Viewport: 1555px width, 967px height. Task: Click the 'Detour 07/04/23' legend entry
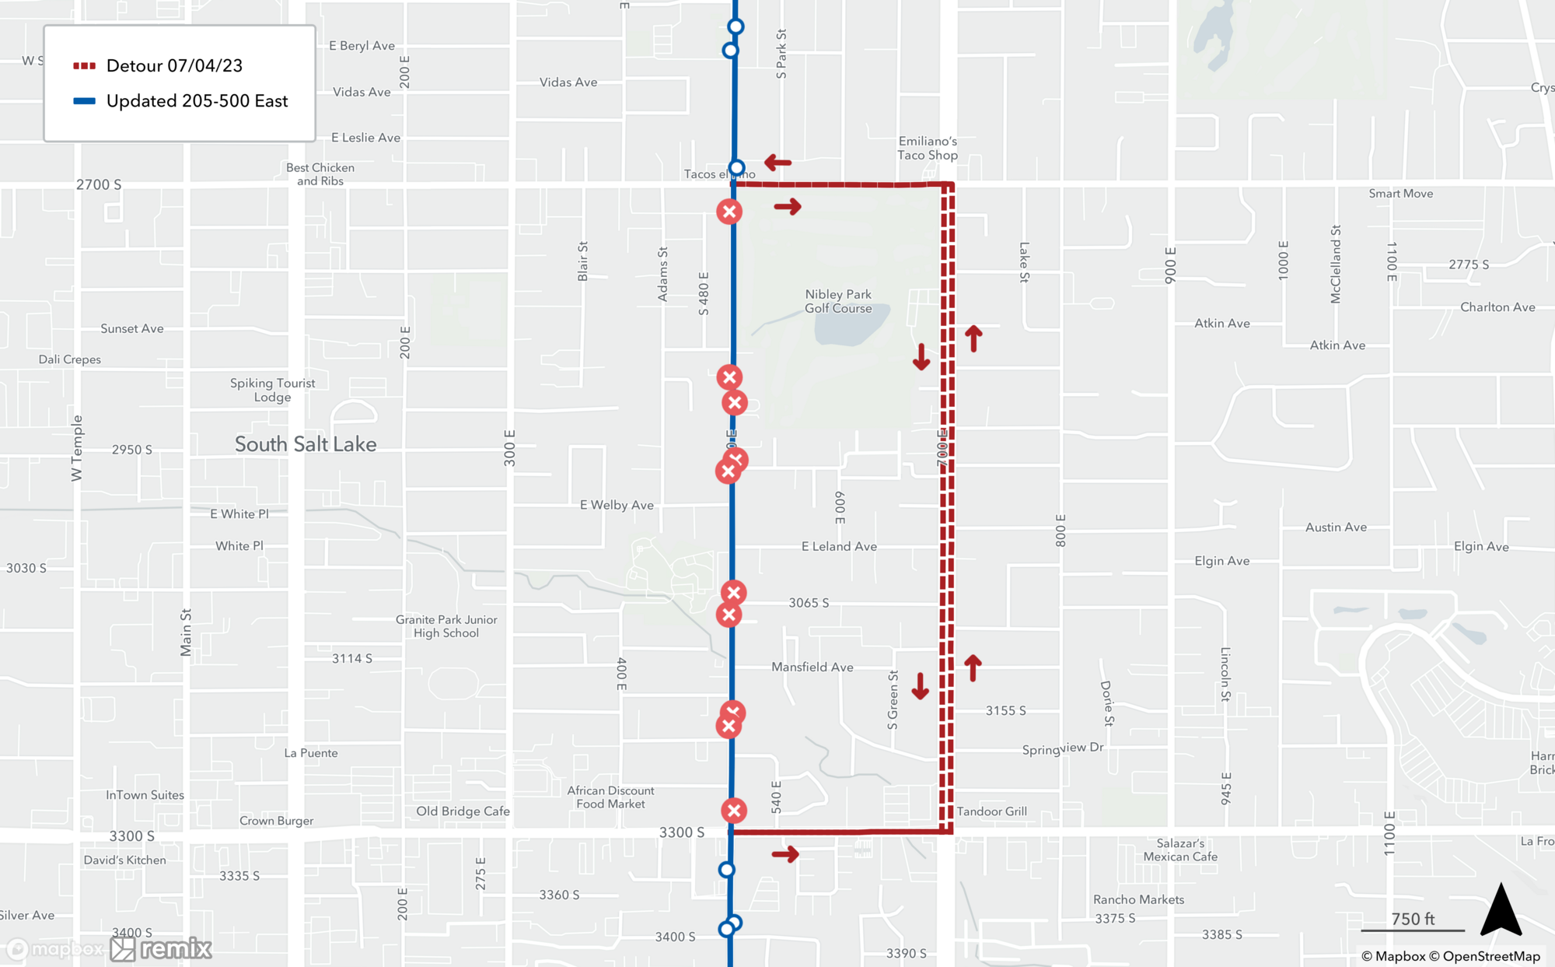click(x=174, y=66)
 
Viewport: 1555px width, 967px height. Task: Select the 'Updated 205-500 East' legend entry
click(x=197, y=101)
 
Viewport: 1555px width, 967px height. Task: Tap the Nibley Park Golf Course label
click(x=838, y=301)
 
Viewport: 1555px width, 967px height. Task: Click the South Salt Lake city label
click(x=306, y=444)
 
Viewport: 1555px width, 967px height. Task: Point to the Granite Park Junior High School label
click(x=446, y=626)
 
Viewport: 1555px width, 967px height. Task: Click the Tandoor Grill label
click(x=991, y=811)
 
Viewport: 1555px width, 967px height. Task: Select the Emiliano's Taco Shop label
click(x=928, y=148)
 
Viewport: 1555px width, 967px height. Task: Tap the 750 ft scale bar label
click(x=1413, y=919)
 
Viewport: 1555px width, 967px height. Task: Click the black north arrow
click(x=1501, y=909)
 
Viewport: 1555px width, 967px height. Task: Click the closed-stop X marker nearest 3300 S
click(x=733, y=811)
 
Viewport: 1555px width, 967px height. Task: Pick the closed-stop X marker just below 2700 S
click(x=729, y=212)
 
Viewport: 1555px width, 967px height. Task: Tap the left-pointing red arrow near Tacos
click(x=777, y=163)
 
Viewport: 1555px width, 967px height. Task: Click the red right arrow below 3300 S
click(x=785, y=854)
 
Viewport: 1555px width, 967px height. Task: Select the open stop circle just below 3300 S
click(x=726, y=870)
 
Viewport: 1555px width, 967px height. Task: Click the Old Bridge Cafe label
click(x=463, y=811)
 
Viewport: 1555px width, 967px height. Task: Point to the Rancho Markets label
click(x=1138, y=899)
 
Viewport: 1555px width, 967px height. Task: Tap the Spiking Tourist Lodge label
click(x=272, y=390)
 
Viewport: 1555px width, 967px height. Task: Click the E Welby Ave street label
click(x=617, y=505)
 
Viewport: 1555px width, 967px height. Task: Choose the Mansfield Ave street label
click(x=812, y=667)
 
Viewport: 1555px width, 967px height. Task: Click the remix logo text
click(x=176, y=948)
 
